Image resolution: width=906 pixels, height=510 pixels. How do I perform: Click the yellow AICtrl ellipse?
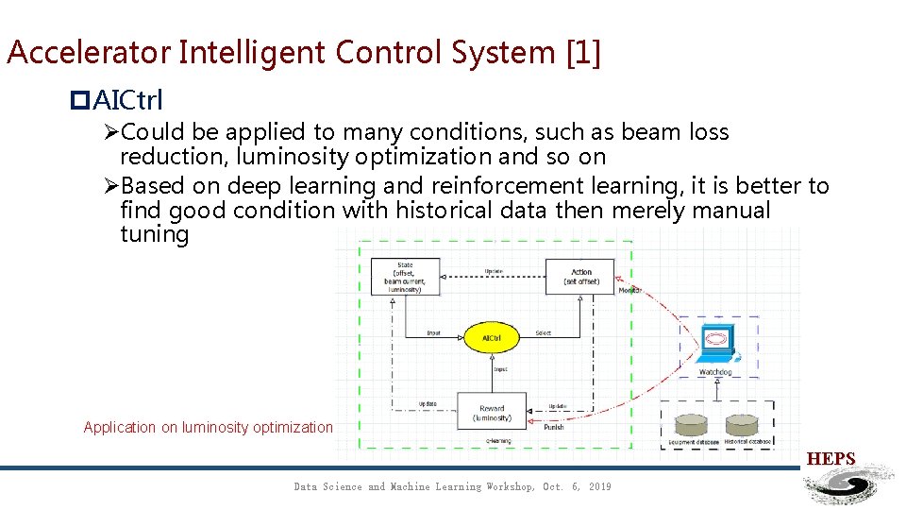[x=491, y=337]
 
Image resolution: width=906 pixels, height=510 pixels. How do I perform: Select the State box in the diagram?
[x=405, y=277]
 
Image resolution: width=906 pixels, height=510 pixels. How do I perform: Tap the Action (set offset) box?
[x=580, y=277]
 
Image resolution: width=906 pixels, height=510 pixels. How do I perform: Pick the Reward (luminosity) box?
[x=491, y=412]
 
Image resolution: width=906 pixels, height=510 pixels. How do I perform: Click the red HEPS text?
[x=830, y=459]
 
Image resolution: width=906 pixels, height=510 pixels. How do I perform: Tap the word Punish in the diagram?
[x=554, y=427]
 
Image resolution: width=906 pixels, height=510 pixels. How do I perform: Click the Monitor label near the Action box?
[x=629, y=290]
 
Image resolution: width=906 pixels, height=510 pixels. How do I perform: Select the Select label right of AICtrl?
[x=543, y=332]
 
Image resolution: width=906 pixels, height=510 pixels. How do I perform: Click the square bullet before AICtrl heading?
[x=79, y=99]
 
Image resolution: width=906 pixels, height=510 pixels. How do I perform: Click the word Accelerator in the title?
[x=87, y=52]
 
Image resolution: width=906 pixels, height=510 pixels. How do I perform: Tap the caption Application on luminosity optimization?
[x=208, y=427]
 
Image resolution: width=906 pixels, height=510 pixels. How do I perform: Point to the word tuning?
[x=155, y=233]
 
